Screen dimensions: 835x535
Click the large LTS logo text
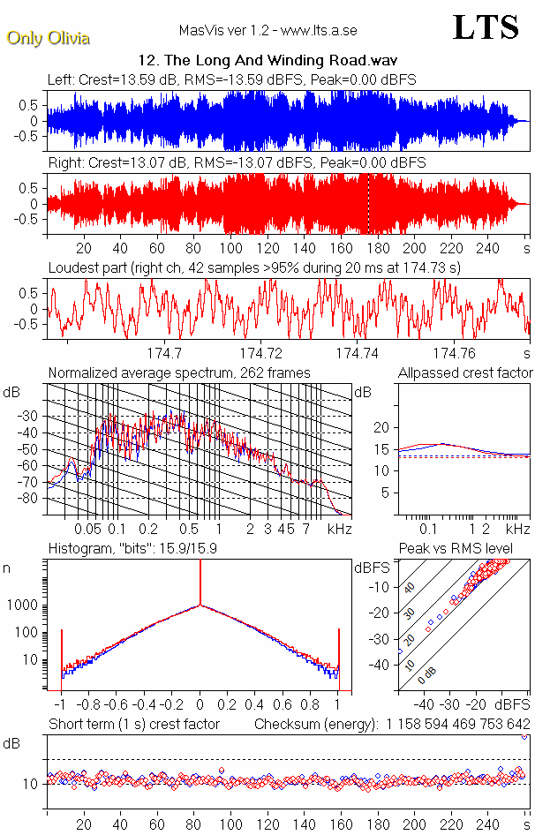(x=485, y=27)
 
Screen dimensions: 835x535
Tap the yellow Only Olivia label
(x=49, y=39)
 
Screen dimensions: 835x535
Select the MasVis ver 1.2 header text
(x=267, y=31)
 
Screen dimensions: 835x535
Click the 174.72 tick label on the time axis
(x=264, y=353)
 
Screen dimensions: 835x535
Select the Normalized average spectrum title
(x=179, y=373)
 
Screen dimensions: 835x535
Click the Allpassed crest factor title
(x=465, y=373)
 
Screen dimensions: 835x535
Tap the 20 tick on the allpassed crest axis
(x=381, y=427)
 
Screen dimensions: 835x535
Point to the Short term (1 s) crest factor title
(x=133, y=725)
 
